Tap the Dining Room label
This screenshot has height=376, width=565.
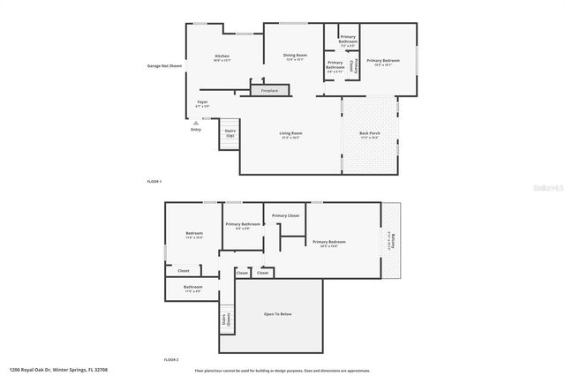(294, 57)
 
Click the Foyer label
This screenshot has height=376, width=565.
(202, 104)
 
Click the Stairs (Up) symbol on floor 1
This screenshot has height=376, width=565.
(230, 133)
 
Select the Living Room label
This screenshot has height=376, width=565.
(290, 135)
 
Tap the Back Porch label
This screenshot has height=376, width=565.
(369, 135)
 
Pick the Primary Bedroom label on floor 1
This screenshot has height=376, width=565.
(384, 62)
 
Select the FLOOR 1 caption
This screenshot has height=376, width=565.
(155, 181)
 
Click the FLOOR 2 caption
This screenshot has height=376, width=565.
(170, 360)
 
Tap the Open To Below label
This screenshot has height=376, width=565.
(277, 313)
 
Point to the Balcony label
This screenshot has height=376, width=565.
(392, 240)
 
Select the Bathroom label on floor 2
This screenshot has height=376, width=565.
(193, 288)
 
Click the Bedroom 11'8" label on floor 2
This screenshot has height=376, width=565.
(194, 235)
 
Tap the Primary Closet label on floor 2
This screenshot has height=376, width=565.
(285, 215)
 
